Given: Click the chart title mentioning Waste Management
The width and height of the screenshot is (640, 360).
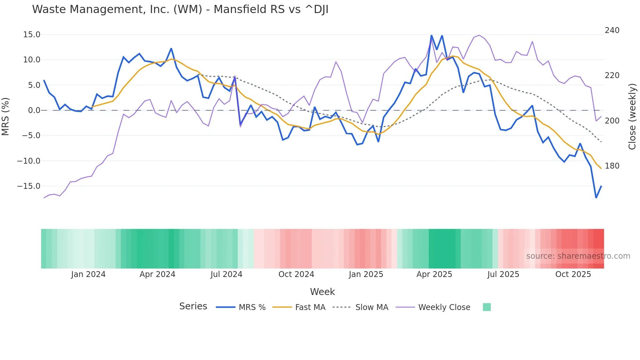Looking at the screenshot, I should (180, 9).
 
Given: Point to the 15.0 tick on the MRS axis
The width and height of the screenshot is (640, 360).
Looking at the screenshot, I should (32, 35).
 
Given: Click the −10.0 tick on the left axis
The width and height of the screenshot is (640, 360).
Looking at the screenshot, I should (29, 161).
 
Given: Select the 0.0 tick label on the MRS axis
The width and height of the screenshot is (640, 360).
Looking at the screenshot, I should (34, 110).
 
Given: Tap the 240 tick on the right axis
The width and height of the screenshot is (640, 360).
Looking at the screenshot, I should (612, 30).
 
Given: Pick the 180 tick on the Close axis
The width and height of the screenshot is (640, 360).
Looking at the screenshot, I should (612, 166).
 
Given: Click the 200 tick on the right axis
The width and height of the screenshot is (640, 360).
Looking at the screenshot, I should (612, 121).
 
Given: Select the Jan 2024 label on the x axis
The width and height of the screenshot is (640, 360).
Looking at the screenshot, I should (88, 274).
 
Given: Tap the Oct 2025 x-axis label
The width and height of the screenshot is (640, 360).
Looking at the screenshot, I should (573, 274).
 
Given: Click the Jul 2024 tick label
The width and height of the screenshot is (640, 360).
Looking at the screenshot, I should (226, 274).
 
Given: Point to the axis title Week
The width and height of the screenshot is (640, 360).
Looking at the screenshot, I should (322, 292).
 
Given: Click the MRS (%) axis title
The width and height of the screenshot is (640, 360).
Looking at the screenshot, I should (6, 116).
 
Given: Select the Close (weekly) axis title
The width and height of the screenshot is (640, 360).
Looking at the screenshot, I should (632, 116).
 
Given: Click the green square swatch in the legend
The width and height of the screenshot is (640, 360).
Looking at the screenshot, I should (487, 307).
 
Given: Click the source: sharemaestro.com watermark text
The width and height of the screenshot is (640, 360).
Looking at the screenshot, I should (578, 256).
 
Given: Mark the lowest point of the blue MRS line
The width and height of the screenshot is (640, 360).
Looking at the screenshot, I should (596, 198).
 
